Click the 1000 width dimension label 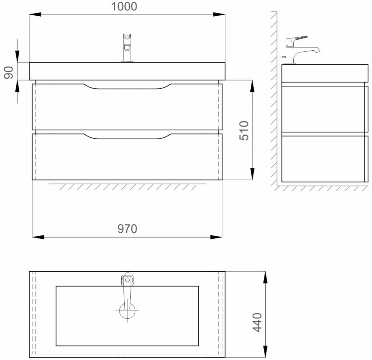tap(124, 7)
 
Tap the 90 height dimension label tap(9, 73)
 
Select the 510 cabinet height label tap(244, 130)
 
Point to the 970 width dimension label tap(127, 229)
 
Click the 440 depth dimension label tap(257, 322)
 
